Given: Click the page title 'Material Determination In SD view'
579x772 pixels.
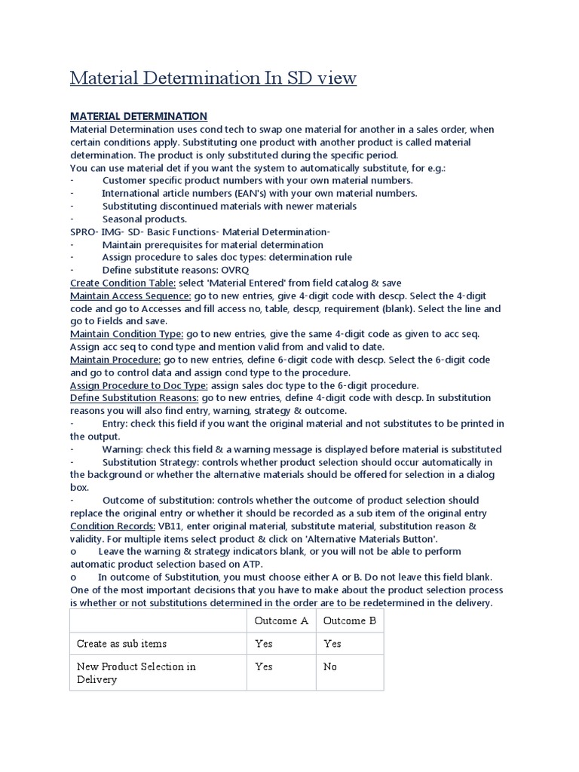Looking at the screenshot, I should (213, 78).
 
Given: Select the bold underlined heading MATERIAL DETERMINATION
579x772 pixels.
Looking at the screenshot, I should (138, 116).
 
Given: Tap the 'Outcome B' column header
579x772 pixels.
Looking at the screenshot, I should (350, 620).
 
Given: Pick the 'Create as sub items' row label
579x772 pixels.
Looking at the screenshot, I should (122, 643).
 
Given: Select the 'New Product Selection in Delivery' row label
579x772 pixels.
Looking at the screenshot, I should (136, 672).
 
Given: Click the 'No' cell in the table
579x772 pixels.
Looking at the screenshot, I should (330, 666).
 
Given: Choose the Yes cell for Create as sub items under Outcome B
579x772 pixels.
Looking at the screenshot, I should (332, 643).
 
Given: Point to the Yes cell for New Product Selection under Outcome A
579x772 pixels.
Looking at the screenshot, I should (264, 666).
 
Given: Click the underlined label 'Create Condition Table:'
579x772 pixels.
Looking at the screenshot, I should (123, 283).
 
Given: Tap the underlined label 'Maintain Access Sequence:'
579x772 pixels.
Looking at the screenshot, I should (130, 296).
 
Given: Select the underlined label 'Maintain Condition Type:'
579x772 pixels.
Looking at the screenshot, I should (127, 334).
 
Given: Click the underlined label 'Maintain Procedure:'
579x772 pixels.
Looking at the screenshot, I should (115, 360).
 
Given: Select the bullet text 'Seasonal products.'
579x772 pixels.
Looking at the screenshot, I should (145, 219).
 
